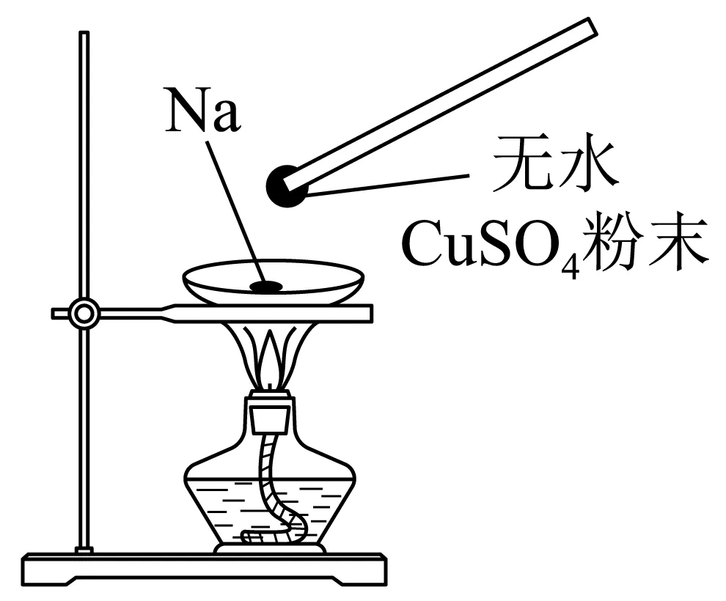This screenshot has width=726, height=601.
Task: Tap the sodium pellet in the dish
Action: pyautogui.click(x=265, y=287)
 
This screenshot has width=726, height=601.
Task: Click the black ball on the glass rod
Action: pyautogui.click(x=287, y=185)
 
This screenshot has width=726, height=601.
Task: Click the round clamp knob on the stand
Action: pyautogui.click(x=84, y=314)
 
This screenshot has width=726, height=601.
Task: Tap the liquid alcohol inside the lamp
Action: pyautogui.click(x=220, y=506)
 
